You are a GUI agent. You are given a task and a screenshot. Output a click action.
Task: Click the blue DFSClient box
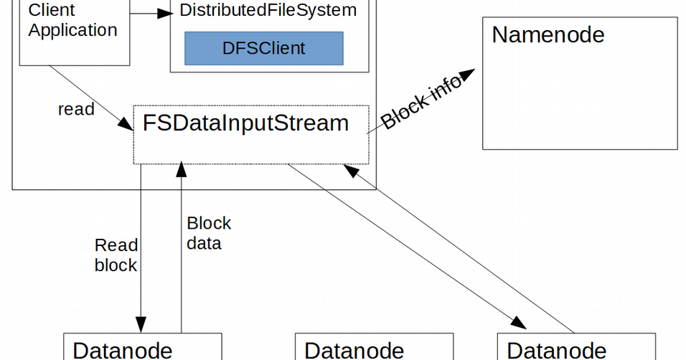click(x=263, y=48)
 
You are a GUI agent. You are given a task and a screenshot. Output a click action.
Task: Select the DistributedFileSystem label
click(x=268, y=11)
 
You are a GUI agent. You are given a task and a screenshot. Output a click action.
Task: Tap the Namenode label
click(x=548, y=34)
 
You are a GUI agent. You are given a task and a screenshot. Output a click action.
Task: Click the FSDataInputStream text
click(x=245, y=123)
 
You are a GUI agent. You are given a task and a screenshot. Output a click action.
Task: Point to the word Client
click(x=52, y=11)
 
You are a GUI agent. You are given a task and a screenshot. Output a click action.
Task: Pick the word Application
click(x=72, y=30)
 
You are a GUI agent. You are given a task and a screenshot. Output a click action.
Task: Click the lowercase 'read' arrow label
click(x=76, y=109)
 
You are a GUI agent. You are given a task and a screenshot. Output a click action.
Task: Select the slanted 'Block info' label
click(x=421, y=106)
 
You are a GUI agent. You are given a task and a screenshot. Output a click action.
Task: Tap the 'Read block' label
click(x=116, y=255)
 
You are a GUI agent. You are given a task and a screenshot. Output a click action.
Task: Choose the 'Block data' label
click(x=208, y=233)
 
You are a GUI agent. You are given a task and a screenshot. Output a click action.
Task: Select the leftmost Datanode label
click(x=123, y=350)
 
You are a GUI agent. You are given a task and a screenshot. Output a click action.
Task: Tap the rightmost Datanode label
click(x=557, y=350)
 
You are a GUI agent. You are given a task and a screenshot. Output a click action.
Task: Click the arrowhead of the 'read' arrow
click(x=128, y=126)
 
